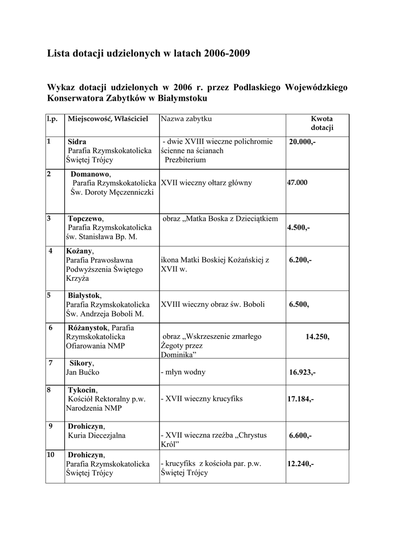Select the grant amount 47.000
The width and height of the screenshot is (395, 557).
(297, 183)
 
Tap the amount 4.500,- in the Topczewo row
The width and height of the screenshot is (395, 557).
(299, 228)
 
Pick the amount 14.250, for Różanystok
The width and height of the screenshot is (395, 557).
(318, 337)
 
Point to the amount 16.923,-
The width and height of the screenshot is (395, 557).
(302, 373)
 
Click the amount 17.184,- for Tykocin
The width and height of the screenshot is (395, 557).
(300, 399)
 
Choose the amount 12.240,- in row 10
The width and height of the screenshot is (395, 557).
(300, 464)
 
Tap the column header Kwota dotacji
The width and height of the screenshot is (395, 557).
(322, 123)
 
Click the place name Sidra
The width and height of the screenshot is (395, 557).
(77, 141)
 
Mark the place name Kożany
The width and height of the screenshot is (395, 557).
(80, 251)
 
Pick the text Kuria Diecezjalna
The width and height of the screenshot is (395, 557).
(96, 436)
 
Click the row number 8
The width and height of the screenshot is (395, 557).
(49, 389)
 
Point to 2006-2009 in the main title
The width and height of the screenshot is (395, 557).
(228, 53)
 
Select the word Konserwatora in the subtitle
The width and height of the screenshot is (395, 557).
(77, 98)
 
